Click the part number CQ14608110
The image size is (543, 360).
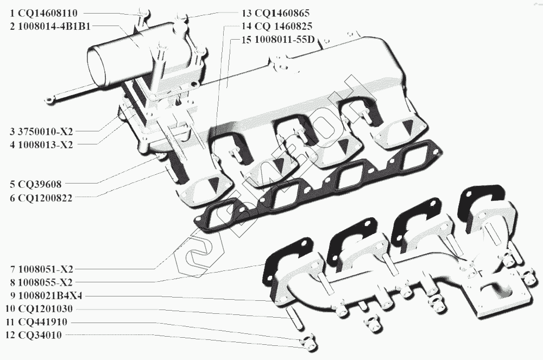pyautogui.click(x=48, y=13)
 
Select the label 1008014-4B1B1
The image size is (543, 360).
pyautogui.click(x=54, y=26)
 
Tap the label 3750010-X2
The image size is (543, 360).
pyautogui.click(x=46, y=131)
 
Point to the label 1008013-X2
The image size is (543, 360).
pyautogui.click(x=46, y=144)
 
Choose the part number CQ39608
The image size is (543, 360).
pyautogui.click(x=40, y=184)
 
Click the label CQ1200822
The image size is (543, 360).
pyautogui.click(x=45, y=198)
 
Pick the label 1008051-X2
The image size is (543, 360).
pyautogui.click(x=46, y=269)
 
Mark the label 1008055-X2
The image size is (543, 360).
pyautogui.click(x=46, y=282)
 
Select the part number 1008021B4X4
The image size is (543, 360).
pyautogui.click(x=50, y=295)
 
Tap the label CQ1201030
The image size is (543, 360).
pyautogui.click(x=45, y=308)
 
